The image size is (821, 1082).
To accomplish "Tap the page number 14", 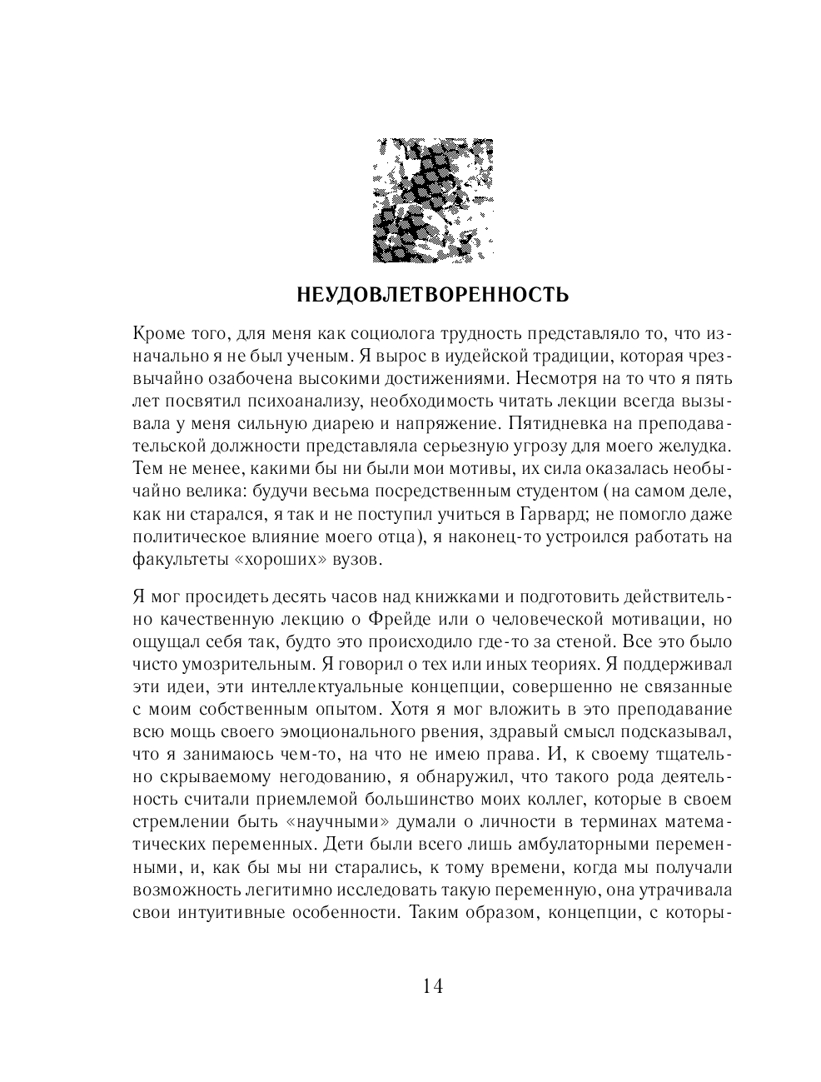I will click(432, 986).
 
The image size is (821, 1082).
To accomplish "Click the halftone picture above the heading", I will click(432, 200).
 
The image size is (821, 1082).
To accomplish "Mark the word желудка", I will click(693, 446).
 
